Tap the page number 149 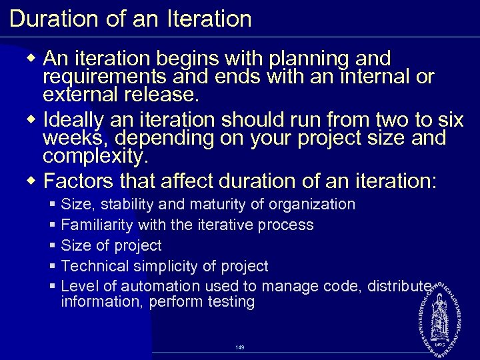pyautogui.click(x=240, y=347)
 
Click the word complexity pyautogui.click(x=95, y=157)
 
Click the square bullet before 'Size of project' pyautogui.click(x=52, y=246)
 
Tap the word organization pyautogui.click(x=310, y=205)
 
